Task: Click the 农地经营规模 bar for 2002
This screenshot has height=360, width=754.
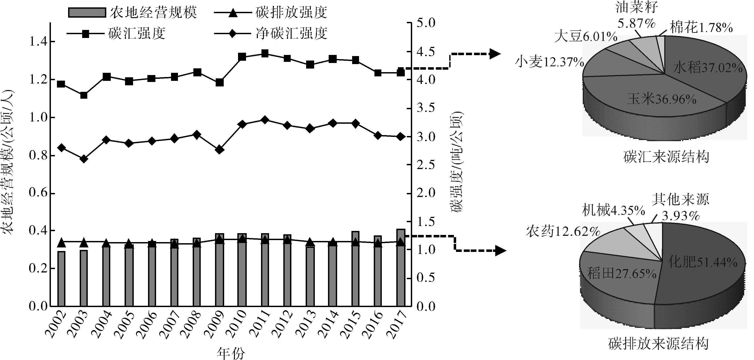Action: pyautogui.click(x=61, y=278)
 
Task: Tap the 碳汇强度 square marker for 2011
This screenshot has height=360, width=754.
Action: pyautogui.click(x=265, y=54)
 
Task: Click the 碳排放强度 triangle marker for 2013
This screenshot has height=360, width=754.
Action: pyautogui.click(x=310, y=242)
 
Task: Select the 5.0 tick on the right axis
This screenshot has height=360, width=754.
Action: pyautogui.click(x=426, y=23)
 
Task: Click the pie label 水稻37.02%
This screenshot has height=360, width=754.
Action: pyautogui.click(x=708, y=68)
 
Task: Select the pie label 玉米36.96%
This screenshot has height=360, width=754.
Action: pyautogui.click(x=662, y=100)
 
